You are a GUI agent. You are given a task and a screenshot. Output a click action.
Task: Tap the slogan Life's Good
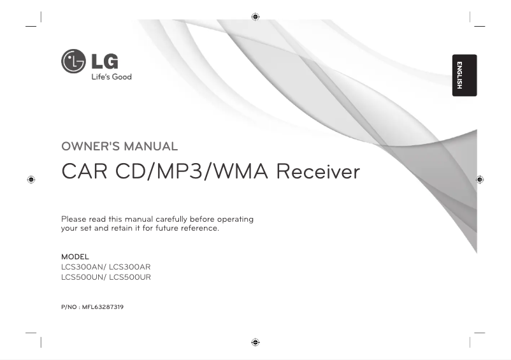[x=110, y=77]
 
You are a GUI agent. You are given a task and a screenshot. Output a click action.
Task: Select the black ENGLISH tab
[x=465, y=75]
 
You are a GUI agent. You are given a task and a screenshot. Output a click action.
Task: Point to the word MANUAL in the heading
[x=151, y=147]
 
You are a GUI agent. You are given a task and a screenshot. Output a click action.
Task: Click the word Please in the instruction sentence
[x=73, y=219]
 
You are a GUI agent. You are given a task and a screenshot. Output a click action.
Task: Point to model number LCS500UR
[x=131, y=277]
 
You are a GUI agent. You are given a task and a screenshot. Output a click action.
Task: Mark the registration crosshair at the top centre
[x=255, y=16]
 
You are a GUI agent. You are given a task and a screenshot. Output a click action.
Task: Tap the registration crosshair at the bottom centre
[x=255, y=342]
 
